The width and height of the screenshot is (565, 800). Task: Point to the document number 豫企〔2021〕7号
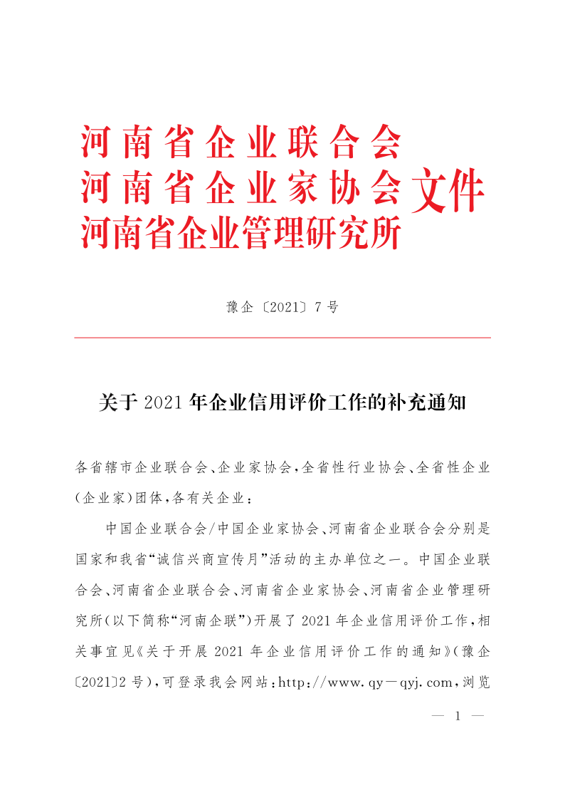coord(282,307)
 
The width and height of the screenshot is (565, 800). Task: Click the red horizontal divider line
coord(282,338)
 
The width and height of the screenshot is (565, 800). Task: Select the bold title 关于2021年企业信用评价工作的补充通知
coord(282,402)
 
